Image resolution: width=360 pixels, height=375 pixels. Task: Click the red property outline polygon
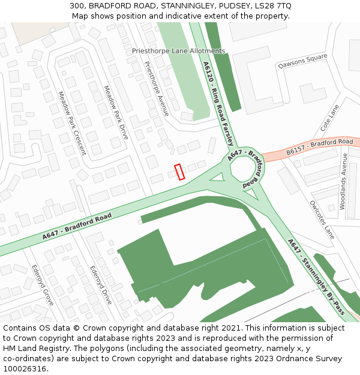pos(179,172)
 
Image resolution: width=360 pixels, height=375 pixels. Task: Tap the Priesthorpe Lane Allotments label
pos(179,51)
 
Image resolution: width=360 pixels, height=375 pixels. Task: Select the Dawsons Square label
pos(303,61)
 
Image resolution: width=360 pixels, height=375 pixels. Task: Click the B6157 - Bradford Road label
pos(319,146)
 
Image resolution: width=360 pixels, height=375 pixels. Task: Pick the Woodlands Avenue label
pos(343,181)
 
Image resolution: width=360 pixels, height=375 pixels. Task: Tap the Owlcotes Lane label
pos(322,220)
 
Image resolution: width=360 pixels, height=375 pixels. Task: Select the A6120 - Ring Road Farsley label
pos(218,103)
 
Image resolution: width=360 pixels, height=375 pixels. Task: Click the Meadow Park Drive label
pos(116,112)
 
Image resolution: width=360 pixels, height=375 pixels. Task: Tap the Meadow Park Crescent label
pos(73,123)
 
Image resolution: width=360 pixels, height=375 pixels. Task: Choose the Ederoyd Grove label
pos(43,285)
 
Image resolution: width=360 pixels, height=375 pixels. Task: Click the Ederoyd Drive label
pos(101,285)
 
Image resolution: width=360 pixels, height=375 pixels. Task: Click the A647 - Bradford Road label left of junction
pos(77,226)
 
